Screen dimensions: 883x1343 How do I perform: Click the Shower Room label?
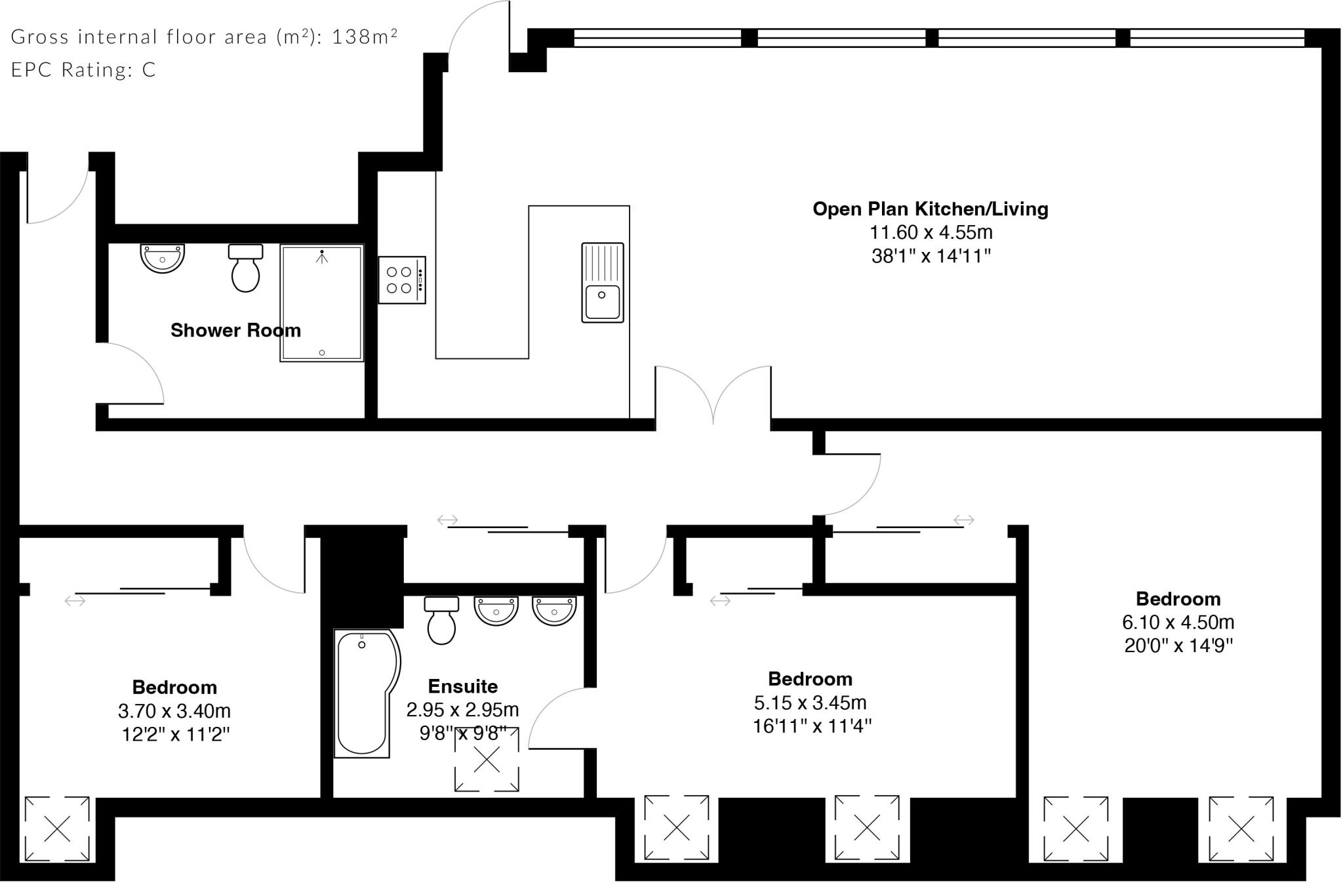(235, 330)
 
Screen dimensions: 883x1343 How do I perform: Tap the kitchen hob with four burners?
(401, 280)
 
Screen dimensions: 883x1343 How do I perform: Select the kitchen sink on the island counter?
(602, 283)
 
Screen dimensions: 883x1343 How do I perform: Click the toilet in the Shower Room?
(245, 269)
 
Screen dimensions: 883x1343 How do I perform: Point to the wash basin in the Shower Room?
(162, 258)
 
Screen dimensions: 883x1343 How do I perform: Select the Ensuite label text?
(462, 686)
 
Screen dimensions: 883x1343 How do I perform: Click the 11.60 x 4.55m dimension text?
(931, 232)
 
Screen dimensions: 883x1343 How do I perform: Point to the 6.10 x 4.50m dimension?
(1178, 622)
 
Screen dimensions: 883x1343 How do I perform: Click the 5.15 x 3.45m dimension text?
(810, 703)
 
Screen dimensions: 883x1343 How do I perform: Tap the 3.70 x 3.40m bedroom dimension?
(174, 710)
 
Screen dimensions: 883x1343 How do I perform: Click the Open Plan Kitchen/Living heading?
(930, 209)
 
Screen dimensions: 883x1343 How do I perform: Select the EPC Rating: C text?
(83, 70)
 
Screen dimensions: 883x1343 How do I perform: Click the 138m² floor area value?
(365, 37)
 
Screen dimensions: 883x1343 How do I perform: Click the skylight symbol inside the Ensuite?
(487, 760)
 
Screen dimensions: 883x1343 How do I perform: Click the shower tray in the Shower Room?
(321, 303)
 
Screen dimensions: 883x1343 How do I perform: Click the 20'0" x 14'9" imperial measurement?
(1178, 646)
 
